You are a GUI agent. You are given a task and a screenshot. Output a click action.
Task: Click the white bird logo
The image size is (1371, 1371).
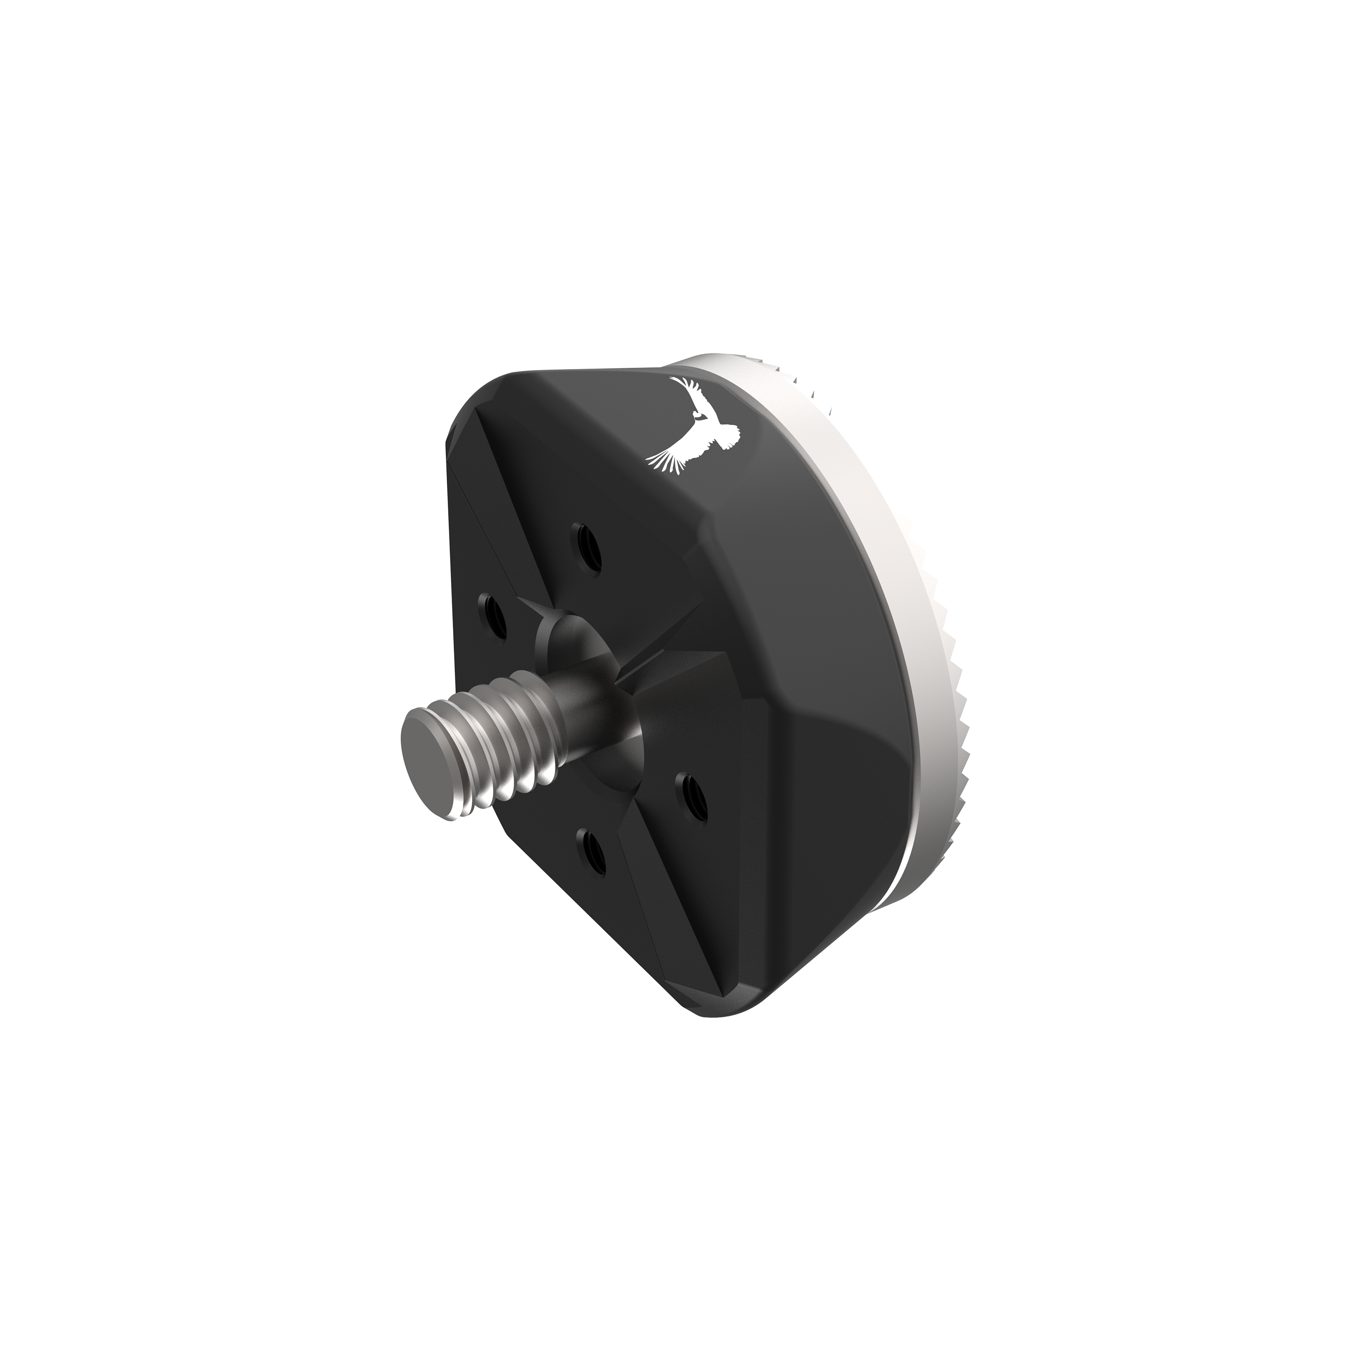[692, 426]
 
